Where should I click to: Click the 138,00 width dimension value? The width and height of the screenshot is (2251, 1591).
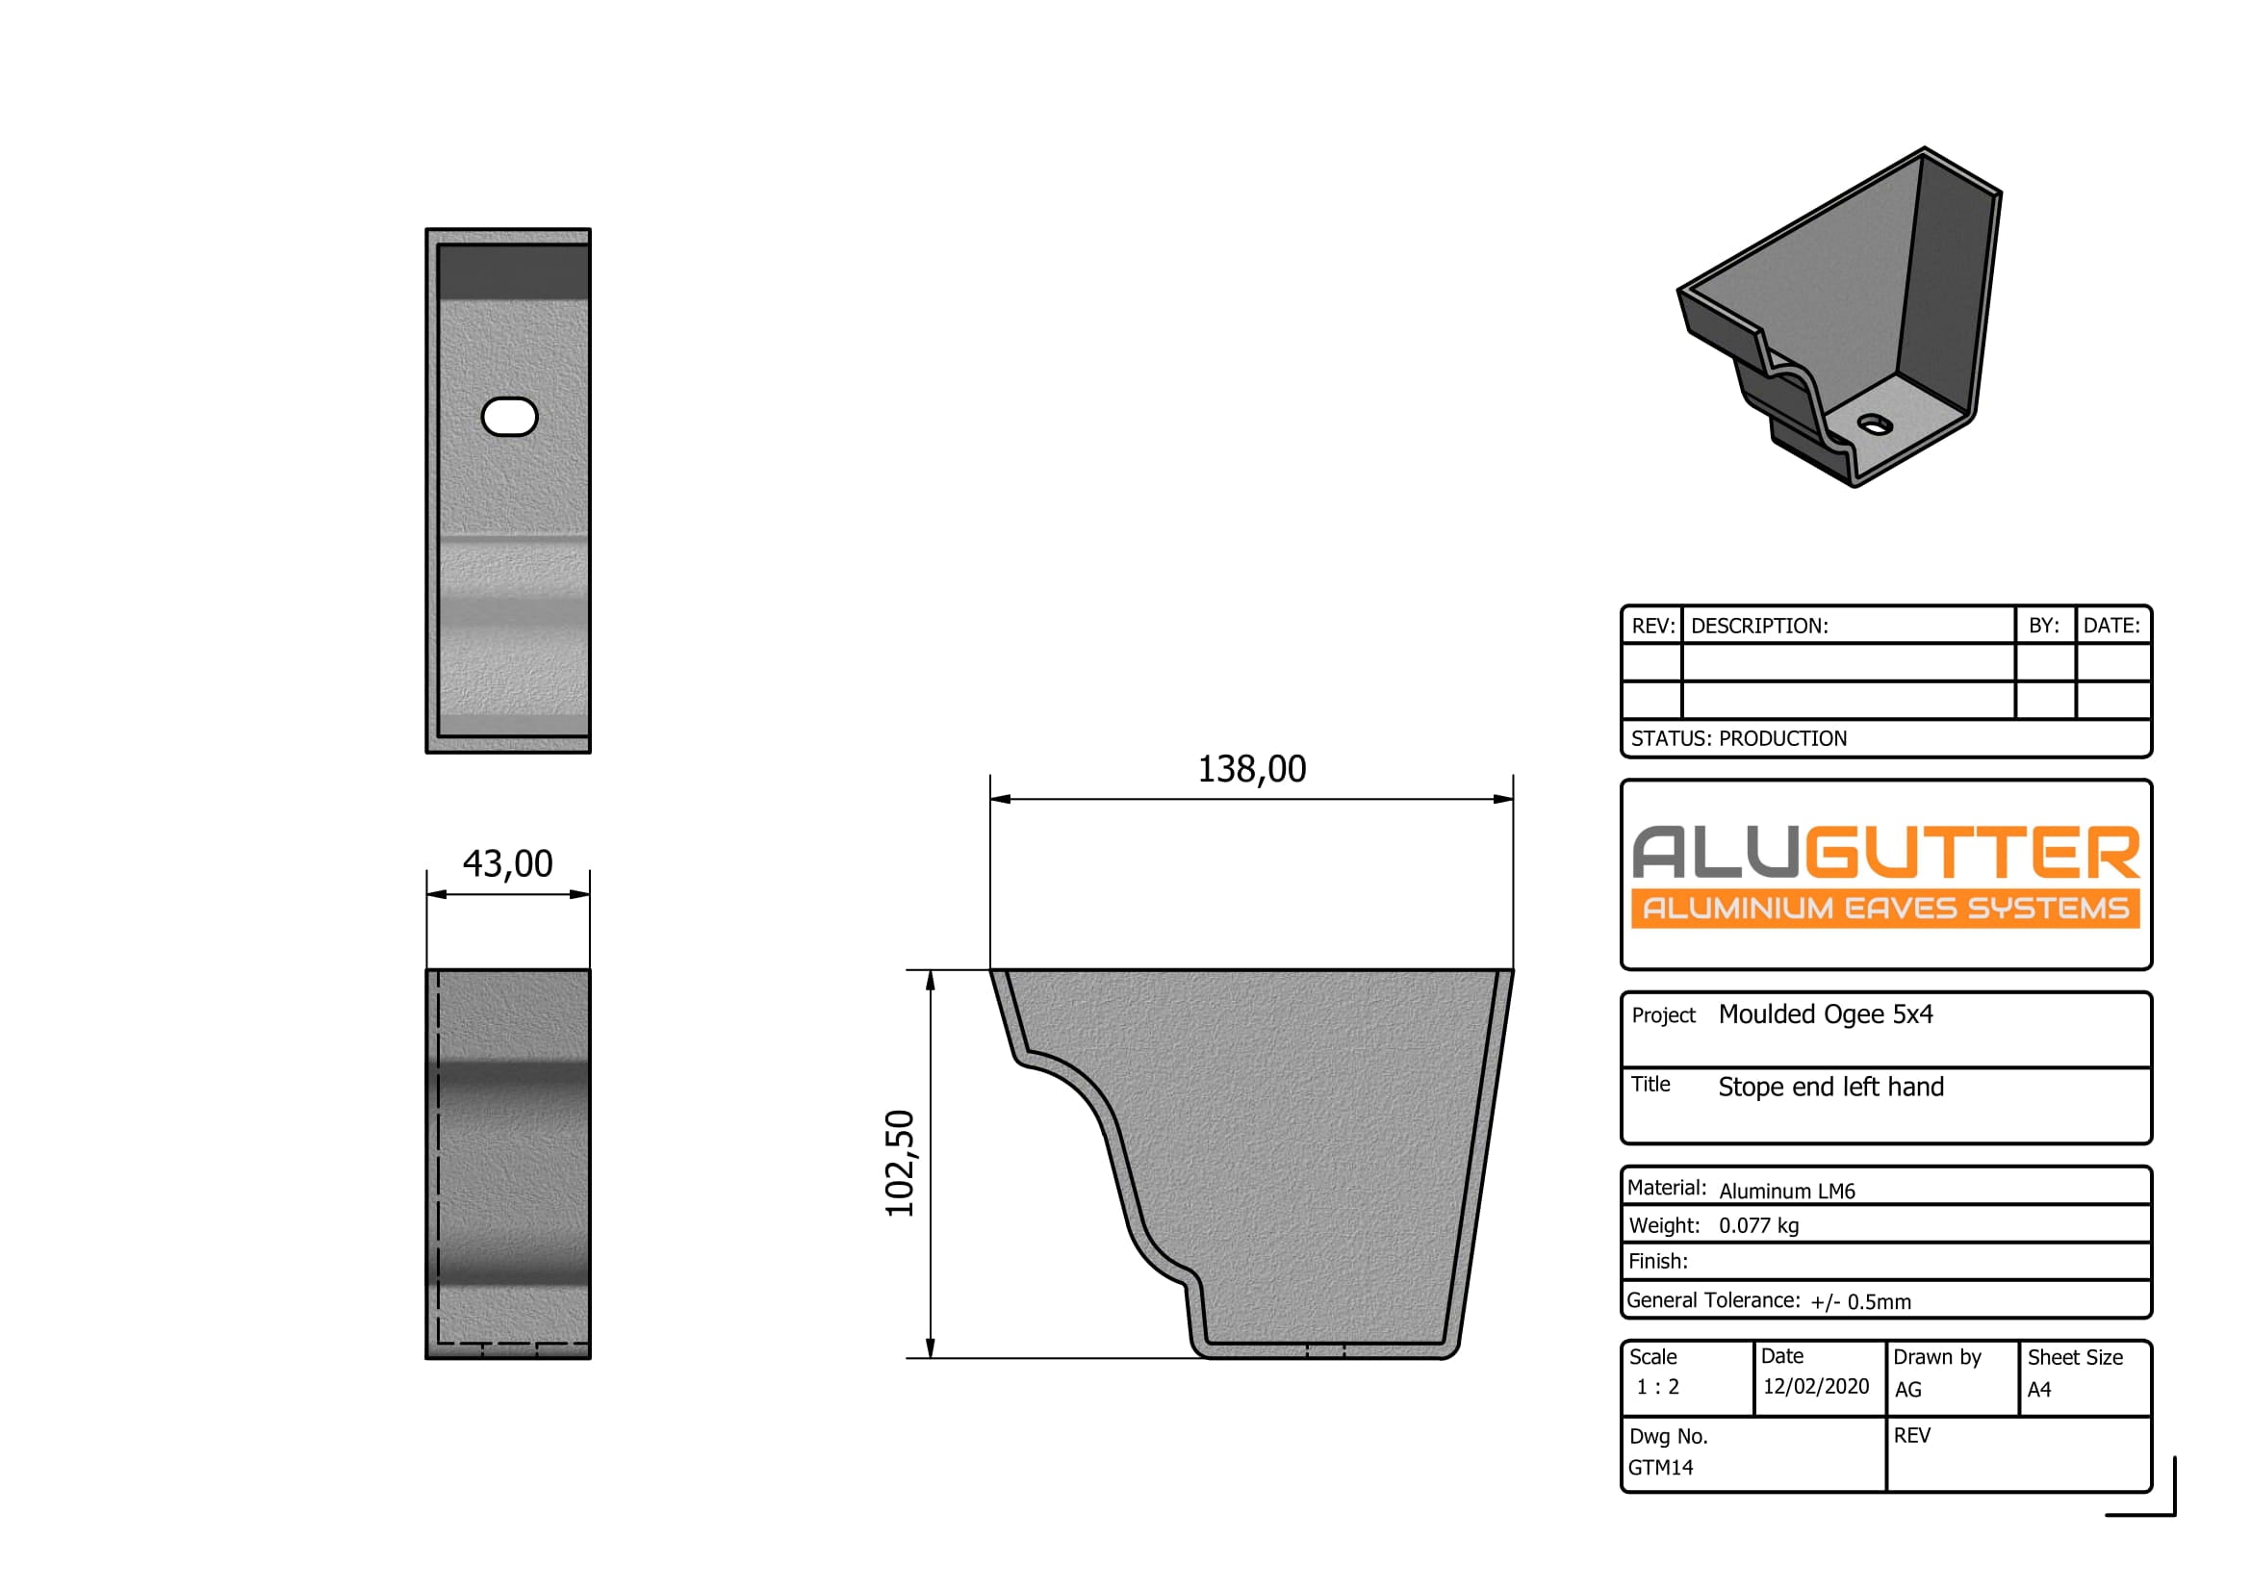1251,770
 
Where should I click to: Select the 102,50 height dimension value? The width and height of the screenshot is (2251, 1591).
899,1164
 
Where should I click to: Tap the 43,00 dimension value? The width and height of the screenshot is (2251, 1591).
507,863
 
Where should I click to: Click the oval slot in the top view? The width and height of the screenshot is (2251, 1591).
509,417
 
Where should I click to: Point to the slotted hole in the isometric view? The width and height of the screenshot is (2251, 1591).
1875,424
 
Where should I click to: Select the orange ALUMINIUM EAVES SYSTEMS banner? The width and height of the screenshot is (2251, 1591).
1884,909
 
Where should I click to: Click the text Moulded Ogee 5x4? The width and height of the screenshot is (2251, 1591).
1825,1014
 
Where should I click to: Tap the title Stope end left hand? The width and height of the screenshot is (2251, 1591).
1829,1087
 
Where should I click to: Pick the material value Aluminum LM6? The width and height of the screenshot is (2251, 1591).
1786,1191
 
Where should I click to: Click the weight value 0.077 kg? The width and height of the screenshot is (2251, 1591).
1758,1225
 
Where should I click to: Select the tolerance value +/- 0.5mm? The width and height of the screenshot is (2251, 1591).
1860,1302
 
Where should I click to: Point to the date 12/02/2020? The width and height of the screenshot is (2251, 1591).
1815,1386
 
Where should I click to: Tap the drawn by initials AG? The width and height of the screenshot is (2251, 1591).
1906,1389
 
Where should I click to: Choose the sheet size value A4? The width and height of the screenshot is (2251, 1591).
2038,1389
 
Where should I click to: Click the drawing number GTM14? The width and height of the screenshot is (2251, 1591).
1660,1468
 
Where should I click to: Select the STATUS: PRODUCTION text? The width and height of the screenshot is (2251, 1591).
1738,739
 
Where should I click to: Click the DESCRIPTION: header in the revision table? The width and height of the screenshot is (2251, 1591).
1759,627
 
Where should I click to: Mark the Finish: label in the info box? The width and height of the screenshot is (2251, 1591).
1658,1262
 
